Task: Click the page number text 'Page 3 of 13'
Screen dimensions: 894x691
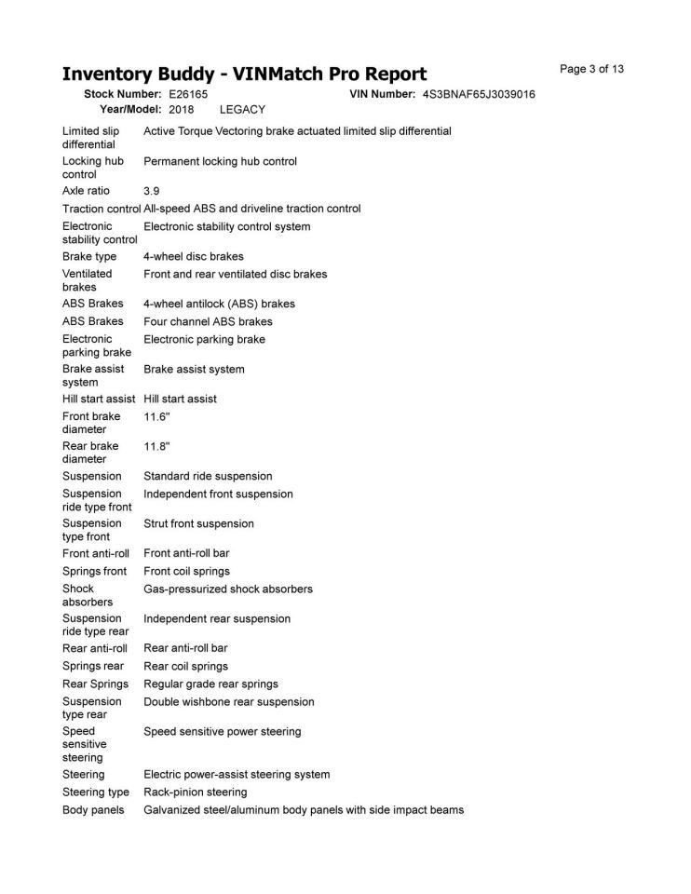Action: (591, 69)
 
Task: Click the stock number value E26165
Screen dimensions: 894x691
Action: (188, 95)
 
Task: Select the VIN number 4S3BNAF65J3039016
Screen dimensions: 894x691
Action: (479, 95)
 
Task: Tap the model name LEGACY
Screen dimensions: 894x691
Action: (242, 109)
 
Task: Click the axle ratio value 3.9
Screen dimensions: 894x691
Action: (152, 191)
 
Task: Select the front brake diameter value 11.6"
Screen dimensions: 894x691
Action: (156, 416)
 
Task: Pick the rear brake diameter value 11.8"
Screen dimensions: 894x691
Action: (156, 446)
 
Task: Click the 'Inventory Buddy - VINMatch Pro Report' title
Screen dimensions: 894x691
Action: (244, 74)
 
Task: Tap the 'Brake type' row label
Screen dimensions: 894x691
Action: (89, 256)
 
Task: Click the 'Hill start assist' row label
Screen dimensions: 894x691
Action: (99, 399)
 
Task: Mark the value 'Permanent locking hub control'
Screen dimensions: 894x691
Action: (220, 161)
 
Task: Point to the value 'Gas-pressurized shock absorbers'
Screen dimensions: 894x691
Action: (228, 589)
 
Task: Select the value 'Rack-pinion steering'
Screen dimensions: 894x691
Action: (196, 792)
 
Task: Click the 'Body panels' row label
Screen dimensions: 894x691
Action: (93, 810)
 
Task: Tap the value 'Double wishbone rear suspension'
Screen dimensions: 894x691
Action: (229, 701)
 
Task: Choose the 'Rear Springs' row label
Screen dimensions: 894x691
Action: (96, 684)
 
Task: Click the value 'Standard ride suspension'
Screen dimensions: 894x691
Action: (208, 476)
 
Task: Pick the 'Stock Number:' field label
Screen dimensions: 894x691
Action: (123, 95)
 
